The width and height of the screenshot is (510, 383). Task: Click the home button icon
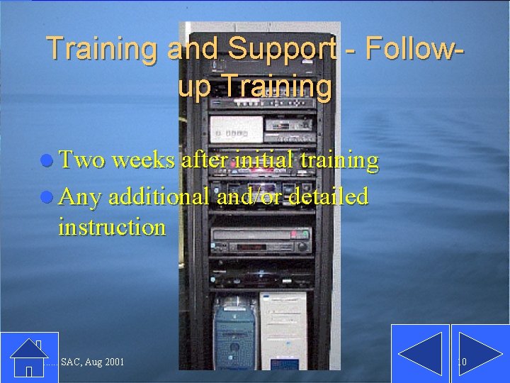pyautogui.click(x=28, y=357)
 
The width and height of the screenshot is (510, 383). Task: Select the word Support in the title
pyautogui.click(x=282, y=48)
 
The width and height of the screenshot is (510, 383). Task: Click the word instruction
pyautogui.click(x=112, y=227)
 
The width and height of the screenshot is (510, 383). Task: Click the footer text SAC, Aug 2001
pyautogui.click(x=93, y=362)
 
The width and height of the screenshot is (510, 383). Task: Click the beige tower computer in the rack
pyautogui.click(x=283, y=330)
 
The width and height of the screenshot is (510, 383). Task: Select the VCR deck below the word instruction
pyautogui.click(x=262, y=241)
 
